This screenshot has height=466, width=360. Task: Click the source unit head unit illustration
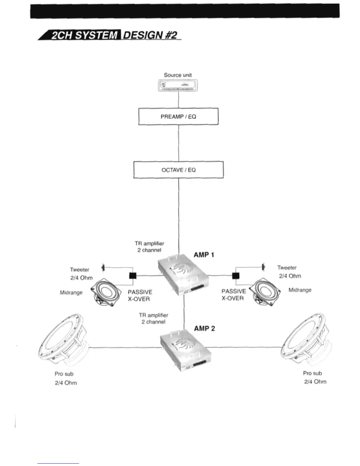(178, 86)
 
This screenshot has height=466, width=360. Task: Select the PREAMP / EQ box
(178, 116)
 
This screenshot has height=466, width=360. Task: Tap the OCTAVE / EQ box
(178, 170)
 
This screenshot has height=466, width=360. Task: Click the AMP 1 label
(204, 255)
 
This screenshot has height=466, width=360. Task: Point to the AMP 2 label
(204, 328)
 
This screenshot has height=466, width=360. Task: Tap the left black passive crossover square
(133, 276)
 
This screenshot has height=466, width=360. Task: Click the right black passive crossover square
(236, 276)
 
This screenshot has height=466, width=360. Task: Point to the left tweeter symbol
(103, 268)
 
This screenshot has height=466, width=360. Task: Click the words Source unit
(178, 75)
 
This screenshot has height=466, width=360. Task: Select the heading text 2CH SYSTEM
(84, 35)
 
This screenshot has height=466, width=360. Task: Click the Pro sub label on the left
(64, 374)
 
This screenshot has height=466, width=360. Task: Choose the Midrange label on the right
(300, 290)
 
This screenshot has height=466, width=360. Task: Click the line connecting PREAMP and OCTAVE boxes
(179, 143)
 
